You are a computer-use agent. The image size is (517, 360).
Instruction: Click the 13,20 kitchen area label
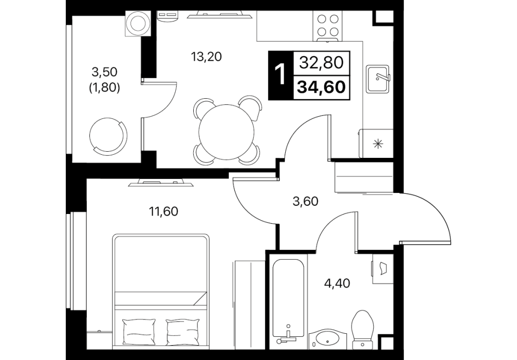click(207, 57)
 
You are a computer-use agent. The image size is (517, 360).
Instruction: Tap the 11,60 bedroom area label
click(163, 211)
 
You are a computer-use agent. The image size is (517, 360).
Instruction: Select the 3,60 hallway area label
click(305, 201)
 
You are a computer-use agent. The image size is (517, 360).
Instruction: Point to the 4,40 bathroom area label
click(337, 283)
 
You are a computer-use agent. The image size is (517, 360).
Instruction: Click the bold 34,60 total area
click(322, 87)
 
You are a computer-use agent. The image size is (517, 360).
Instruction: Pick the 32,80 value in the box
click(321, 62)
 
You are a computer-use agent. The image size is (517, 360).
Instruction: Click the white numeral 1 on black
click(280, 75)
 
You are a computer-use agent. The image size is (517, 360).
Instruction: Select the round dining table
click(227, 132)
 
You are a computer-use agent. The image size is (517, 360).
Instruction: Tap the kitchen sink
click(378, 79)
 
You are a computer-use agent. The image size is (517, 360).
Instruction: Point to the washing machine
click(140, 24)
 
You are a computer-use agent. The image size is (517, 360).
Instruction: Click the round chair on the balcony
click(108, 135)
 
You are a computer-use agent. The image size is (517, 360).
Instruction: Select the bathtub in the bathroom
click(288, 300)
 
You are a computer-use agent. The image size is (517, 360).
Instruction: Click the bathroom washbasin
click(327, 338)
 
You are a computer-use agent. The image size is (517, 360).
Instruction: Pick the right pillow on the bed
click(183, 331)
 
